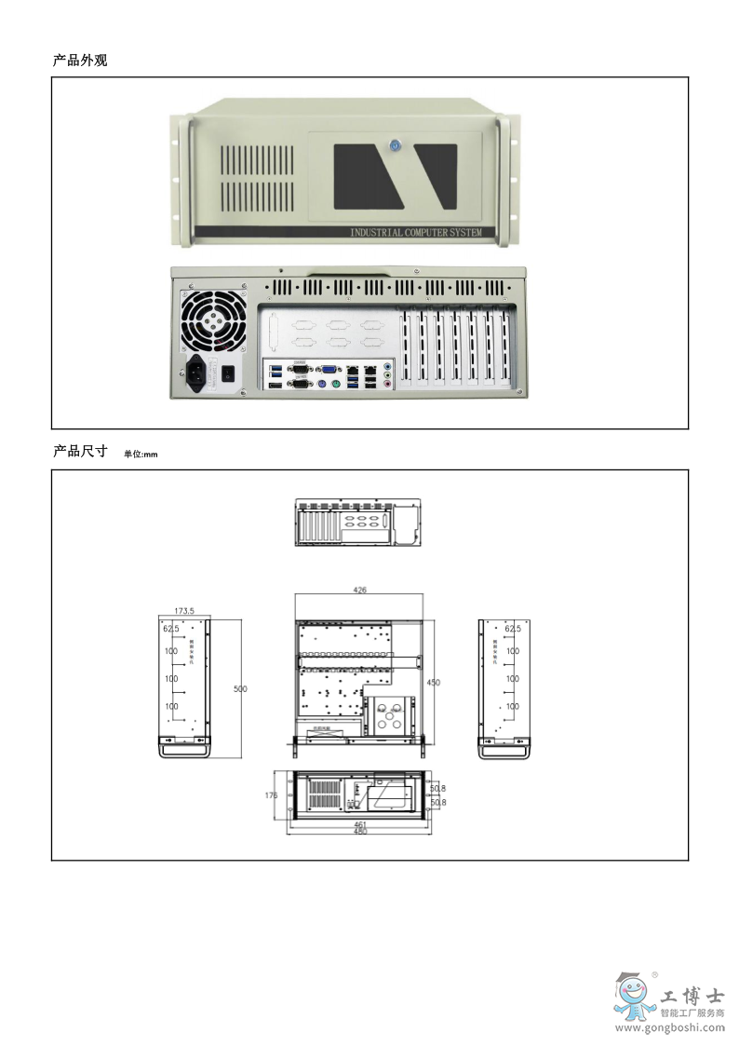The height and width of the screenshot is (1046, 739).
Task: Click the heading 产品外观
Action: (80, 61)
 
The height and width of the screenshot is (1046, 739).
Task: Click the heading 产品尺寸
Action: (80, 452)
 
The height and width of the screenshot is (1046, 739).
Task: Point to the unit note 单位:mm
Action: (141, 455)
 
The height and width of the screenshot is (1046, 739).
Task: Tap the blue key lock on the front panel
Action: (394, 145)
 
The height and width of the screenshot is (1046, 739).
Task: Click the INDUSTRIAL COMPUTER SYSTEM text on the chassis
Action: (415, 232)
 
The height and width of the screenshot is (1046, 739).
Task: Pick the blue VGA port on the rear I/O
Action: (329, 369)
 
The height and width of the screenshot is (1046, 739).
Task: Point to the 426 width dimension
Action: (358, 589)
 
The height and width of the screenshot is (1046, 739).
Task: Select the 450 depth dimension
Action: (433, 683)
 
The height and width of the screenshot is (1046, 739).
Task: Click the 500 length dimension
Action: (240, 688)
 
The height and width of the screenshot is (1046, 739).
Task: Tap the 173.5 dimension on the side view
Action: (184, 611)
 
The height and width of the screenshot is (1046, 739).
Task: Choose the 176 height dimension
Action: (271, 795)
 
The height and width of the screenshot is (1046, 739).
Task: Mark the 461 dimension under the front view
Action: (360, 824)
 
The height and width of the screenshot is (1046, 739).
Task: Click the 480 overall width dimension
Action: (360, 831)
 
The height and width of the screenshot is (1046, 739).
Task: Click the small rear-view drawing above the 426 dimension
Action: (358, 523)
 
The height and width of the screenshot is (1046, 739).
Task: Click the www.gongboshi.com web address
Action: (671, 1028)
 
